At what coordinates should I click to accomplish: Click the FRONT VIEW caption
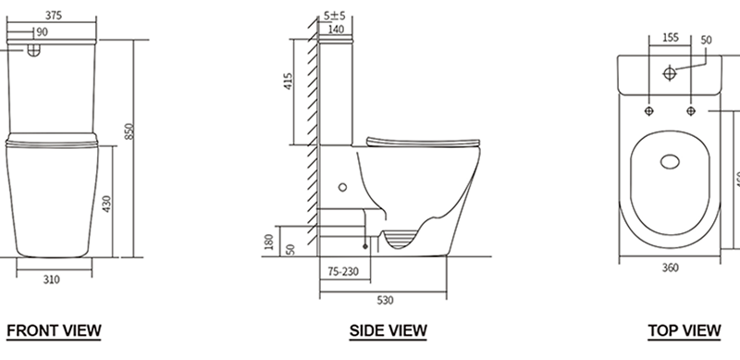coord(54,330)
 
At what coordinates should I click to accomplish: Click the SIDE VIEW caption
coord(388,330)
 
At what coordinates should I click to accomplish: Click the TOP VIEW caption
coord(684,330)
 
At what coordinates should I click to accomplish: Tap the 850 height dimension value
coord(142,133)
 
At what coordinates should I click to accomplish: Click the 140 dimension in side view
coord(336,30)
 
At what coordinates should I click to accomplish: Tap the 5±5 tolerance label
coord(335,16)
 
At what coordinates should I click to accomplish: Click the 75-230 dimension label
coord(344,272)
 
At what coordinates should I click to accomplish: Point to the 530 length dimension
coord(384,298)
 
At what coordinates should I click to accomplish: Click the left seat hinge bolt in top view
coord(649,109)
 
